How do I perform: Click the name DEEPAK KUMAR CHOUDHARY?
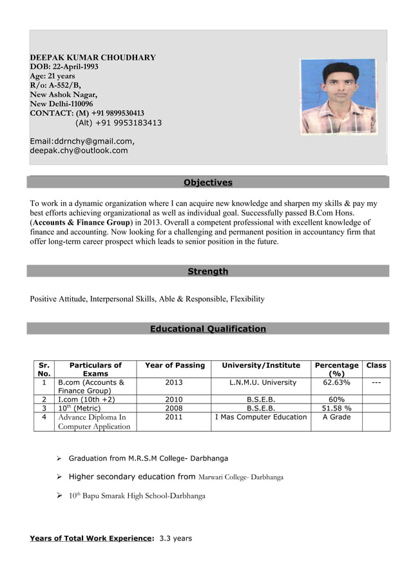click(93, 57)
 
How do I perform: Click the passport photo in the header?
click(338, 96)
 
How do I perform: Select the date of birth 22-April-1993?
click(75, 67)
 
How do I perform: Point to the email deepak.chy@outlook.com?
click(79, 151)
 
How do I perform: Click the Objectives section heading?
click(207, 183)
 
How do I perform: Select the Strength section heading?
click(207, 272)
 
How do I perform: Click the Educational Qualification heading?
click(207, 329)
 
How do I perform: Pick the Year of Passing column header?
click(175, 365)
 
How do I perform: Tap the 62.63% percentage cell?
click(336, 382)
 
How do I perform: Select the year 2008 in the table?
click(174, 408)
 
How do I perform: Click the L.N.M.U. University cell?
click(263, 382)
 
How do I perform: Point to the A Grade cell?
click(336, 417)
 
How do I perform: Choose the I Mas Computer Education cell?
click(261, 417)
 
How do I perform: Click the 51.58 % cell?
click(336, 408)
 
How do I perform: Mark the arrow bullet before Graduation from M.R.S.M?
click(58, 459)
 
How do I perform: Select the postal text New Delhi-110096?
click(61, 104)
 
